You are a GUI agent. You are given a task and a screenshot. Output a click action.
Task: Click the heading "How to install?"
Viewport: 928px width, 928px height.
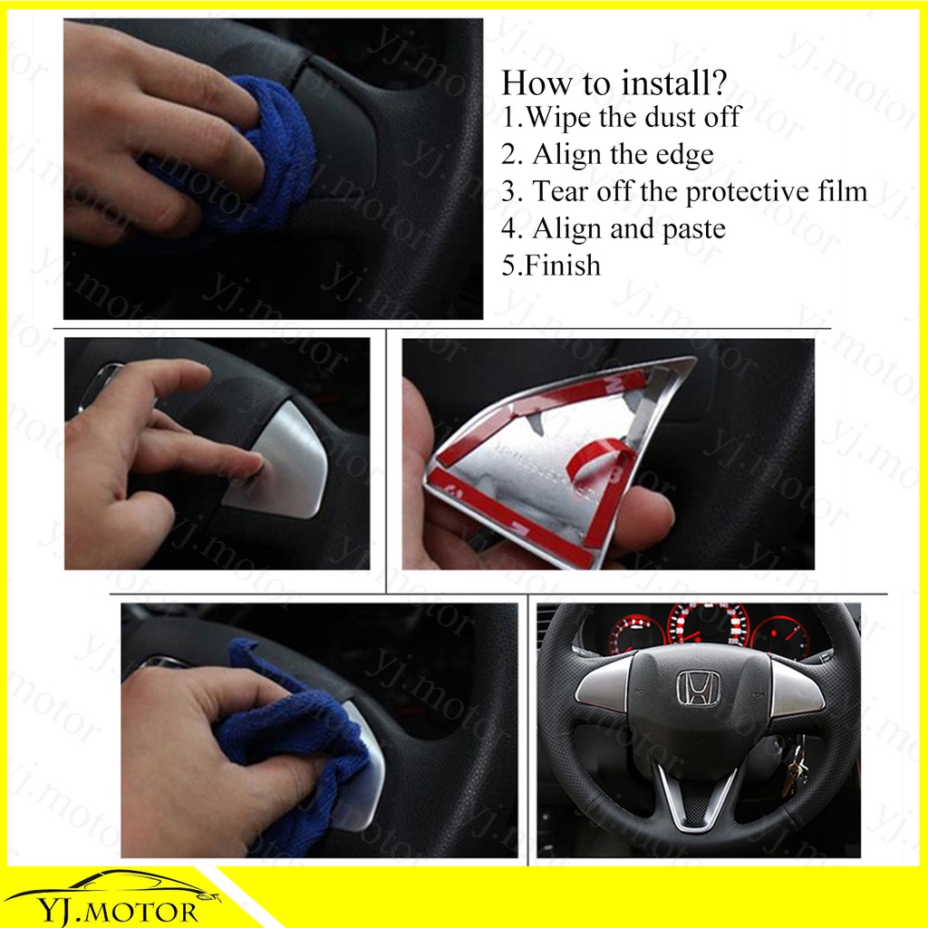pyautogui.click(x=614, y=82)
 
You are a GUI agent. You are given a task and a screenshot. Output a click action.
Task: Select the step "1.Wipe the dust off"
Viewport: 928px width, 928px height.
pyautogui.click(x=621, y=117)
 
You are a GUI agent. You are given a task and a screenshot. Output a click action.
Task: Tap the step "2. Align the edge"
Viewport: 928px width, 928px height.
pyautogui.click(x=608, y=154)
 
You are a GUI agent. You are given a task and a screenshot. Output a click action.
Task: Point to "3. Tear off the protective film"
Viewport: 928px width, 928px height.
pyautogui.click(x=684, y=191)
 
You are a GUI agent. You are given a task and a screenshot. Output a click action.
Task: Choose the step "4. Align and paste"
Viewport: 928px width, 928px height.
pyautogui.click(x=614, y=228)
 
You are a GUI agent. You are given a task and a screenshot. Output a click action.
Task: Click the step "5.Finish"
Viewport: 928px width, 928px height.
pyautogui.click(x=551, y=266)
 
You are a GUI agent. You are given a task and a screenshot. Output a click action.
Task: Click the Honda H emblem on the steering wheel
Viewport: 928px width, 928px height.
pyautogui.click(x=699, y=689)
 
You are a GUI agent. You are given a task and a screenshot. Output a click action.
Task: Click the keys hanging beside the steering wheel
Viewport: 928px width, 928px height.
pyautogui.click(x=793, y=769)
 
